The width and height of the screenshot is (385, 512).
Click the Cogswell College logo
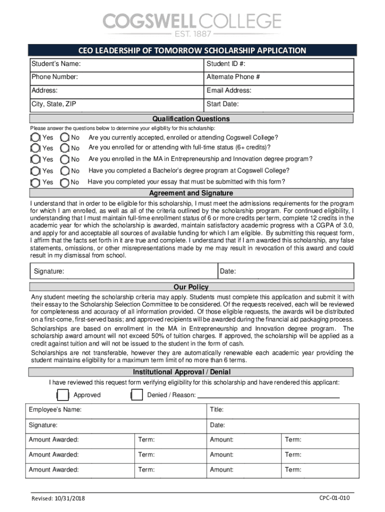click(x=192, y=24)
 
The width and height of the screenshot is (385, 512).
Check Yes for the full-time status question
click(x=35, y=148)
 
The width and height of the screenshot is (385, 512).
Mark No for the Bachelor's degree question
click(x=65, y=171)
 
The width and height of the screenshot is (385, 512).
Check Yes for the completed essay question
click(x=35, y=182)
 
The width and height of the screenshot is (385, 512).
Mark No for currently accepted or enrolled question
click(x=65, y=137)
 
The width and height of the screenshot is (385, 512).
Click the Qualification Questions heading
click(x=191, y=119)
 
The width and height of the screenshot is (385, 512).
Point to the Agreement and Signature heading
click(x=191, y=193)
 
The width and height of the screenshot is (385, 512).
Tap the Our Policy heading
click(x=191, y=287)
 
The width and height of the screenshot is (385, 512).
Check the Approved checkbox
click(x=62, y=395)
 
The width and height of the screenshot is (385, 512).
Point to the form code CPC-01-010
click(x=334, y=498)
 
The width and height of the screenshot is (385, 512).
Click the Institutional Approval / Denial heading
click(x=181, y=372)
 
